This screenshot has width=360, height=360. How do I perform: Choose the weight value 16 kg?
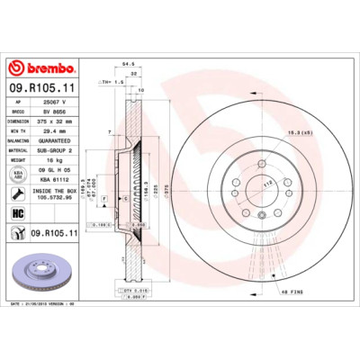tap(53, 159)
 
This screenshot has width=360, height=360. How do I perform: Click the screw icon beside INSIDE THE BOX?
tap(17, 193)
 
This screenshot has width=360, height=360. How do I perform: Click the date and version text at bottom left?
tap(45, 305)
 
